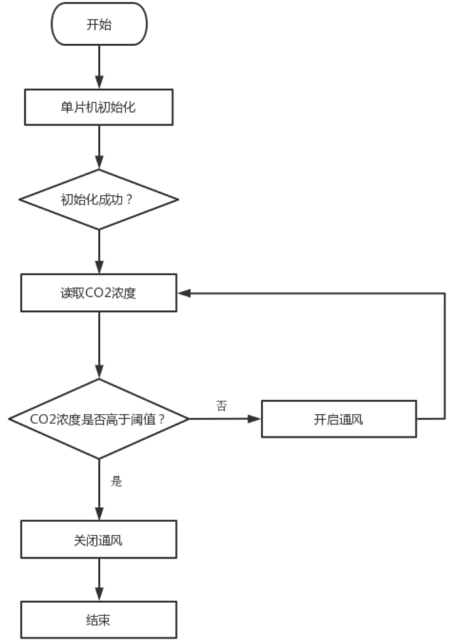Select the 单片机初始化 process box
[99, 107]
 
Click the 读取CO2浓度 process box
[99, 294]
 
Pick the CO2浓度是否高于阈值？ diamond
[99, 419]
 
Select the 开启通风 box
[338, 419]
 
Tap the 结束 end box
[99, 619]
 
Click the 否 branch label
[222, 406]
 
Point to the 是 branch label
[117, 481]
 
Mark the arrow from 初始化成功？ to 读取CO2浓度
[99, 253]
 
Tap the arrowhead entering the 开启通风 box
[256, 419]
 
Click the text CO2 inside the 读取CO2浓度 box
[97, 294]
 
